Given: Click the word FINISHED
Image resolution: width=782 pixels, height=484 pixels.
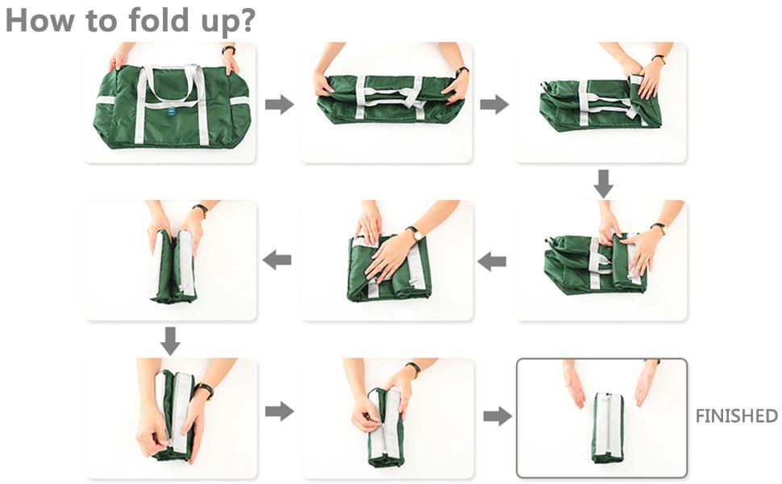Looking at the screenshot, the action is tap(736, 415).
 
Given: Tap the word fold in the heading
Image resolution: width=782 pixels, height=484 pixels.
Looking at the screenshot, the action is tap(159, 20).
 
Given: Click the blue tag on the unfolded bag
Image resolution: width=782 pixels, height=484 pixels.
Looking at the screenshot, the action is tap(172, 112).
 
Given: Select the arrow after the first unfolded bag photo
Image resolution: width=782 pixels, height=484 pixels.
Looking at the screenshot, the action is tap(279, 105).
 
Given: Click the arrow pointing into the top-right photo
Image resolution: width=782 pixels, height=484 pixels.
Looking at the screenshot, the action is tap(494, 105).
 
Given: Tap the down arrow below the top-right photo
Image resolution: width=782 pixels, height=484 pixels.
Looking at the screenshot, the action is tap(604, 184).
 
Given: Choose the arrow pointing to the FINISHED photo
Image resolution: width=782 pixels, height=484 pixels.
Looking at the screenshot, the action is tap(497, 415).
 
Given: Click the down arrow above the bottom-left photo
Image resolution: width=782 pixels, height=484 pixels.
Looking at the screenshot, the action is tap(171, 341).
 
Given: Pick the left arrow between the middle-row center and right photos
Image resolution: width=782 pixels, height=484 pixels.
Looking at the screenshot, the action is tap(492, 261).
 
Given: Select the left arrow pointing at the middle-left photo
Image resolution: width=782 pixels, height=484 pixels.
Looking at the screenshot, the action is tap(277, 260).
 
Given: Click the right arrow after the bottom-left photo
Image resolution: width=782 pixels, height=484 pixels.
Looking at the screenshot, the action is tap(279, 411).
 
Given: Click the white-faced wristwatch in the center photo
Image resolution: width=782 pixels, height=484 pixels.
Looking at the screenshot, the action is tap(415, 233).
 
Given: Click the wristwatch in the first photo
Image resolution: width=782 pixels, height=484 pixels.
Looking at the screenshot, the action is tap(229, 49).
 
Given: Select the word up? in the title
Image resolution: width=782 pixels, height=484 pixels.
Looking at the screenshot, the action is tap(228, 23).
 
